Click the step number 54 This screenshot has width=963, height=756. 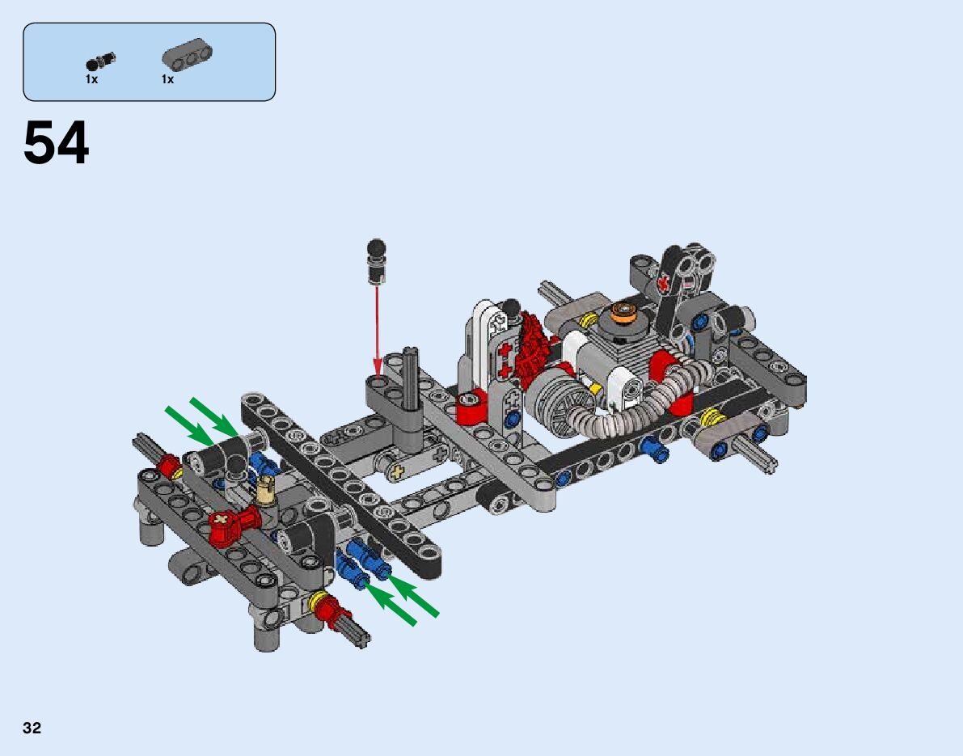point(56,143)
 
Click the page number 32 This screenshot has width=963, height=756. point(32,728)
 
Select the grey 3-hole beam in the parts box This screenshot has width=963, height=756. point(187,54)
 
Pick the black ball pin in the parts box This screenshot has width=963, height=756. point(101,61)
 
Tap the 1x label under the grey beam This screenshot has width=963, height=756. point(167,79)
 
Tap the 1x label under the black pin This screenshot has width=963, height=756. point(91,79)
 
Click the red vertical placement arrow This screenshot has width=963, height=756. point(377,331)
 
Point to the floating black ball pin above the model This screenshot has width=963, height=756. point(376,261)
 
